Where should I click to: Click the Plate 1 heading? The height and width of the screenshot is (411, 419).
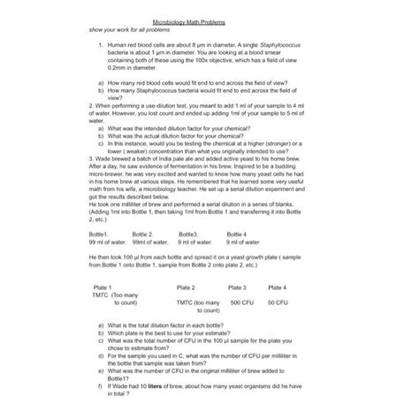(103, 288)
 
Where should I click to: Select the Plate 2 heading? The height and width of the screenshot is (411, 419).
(187, 288)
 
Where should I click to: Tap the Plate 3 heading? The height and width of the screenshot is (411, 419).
(237, 288)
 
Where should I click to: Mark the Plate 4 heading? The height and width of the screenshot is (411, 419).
(278, 288)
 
